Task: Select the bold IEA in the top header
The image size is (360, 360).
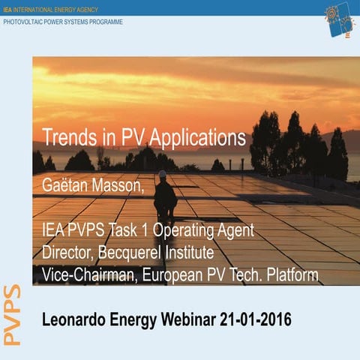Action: coord(8,8)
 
